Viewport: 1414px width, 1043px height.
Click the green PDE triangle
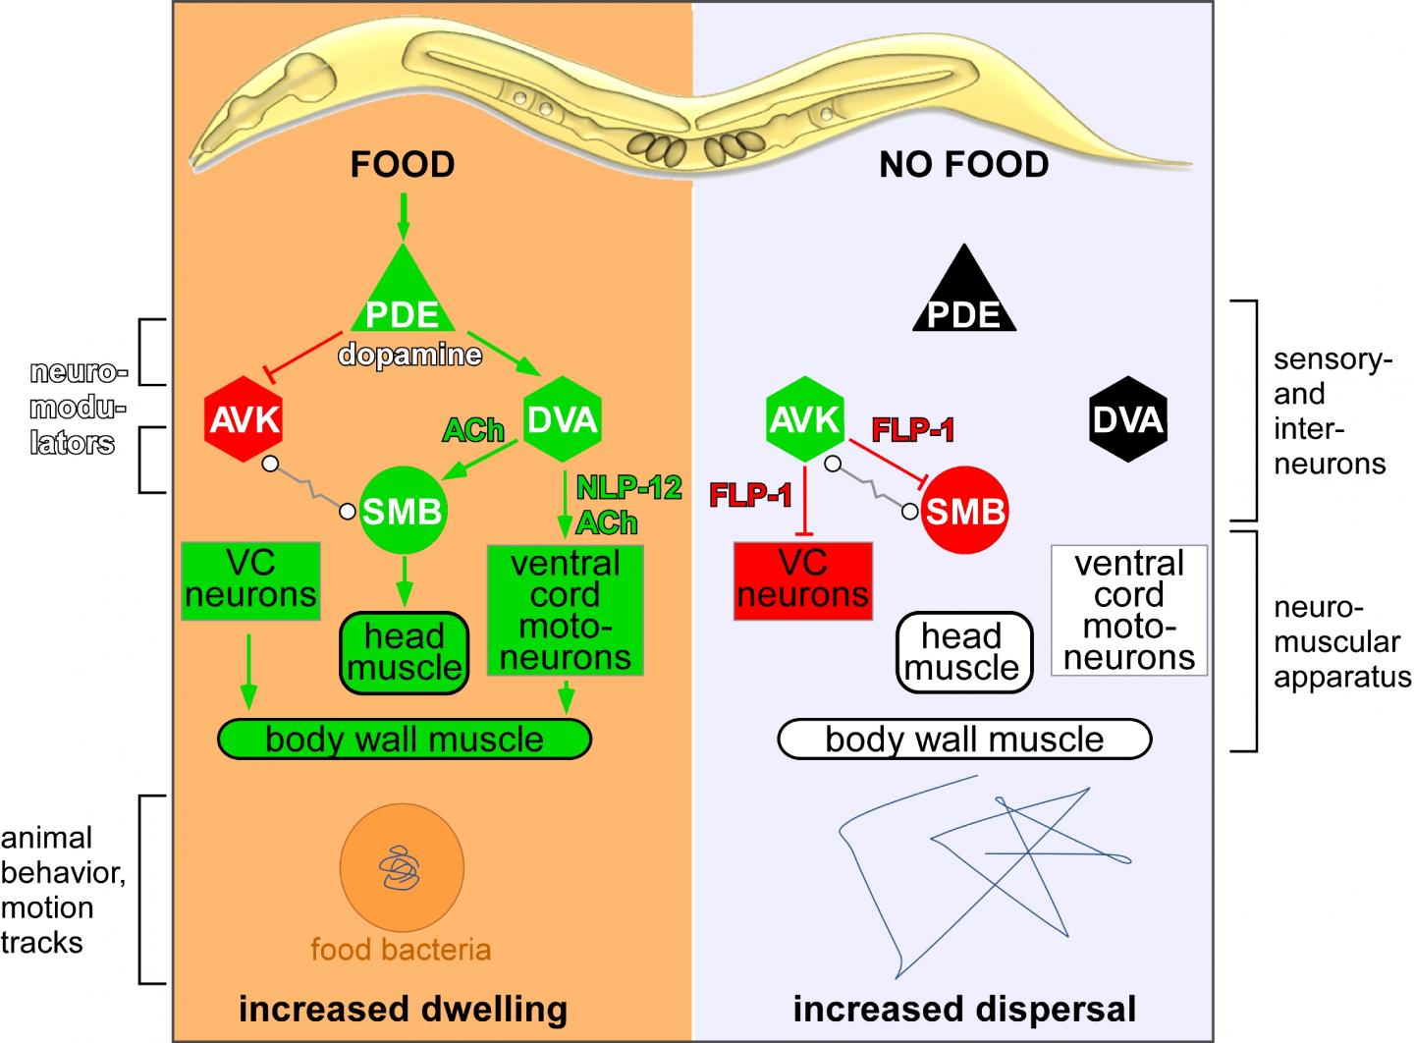coord(403,300)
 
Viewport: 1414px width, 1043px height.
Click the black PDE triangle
coord(964,300)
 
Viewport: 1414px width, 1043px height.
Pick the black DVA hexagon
coord(1129,421)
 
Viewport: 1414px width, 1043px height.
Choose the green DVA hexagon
coord(562,420)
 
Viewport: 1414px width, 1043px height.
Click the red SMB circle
coord(964,511)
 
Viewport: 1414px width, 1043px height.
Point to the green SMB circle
coord(403,511)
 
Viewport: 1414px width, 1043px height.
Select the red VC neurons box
coord(803,580)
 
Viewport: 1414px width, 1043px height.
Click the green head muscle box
coord(404,652)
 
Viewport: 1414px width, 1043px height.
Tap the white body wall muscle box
coord(964,740)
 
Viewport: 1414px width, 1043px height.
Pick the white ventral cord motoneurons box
coord(1129,611)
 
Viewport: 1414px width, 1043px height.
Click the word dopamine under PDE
coord(410,354)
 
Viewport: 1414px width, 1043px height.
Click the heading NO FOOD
coord(964,164)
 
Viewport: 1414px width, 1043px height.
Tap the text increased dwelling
coord(404,1009)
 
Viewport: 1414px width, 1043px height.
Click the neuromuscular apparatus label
coord(1341,642)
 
